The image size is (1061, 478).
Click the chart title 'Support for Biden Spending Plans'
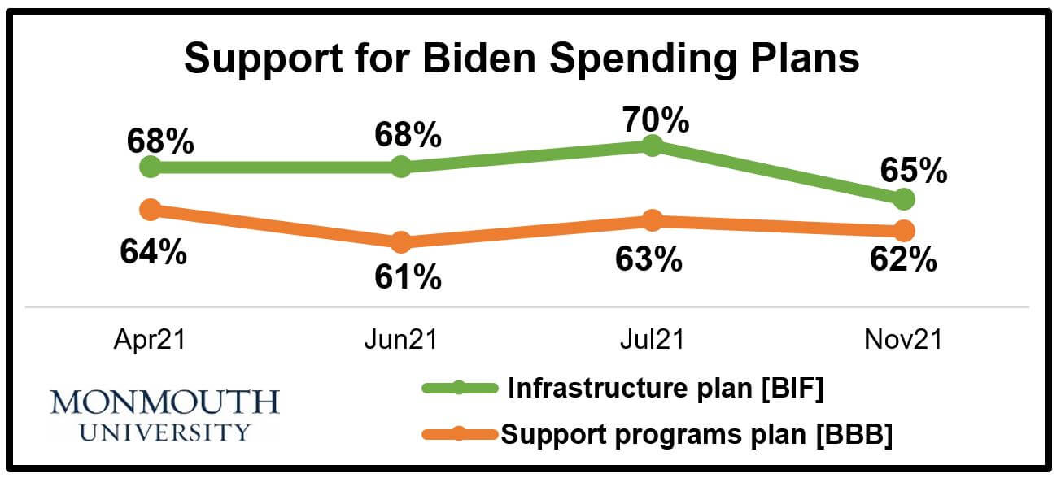coord(522,59)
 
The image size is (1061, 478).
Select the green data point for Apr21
coord(150,167)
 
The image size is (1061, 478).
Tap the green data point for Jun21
coord(400,167)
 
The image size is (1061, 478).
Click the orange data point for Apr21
coord(150,210)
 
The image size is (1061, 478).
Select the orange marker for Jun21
coord(400,241)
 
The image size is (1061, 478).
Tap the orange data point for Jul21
coord(652,220)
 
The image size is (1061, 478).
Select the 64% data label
coord(154,252)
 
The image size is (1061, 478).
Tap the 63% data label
coord(648,259)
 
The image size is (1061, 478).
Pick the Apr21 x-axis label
coord(150,339)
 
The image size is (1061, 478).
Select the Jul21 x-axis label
coord(652,339)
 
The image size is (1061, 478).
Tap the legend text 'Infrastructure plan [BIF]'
coord(666,389)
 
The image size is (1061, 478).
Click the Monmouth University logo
coord(164,415)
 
